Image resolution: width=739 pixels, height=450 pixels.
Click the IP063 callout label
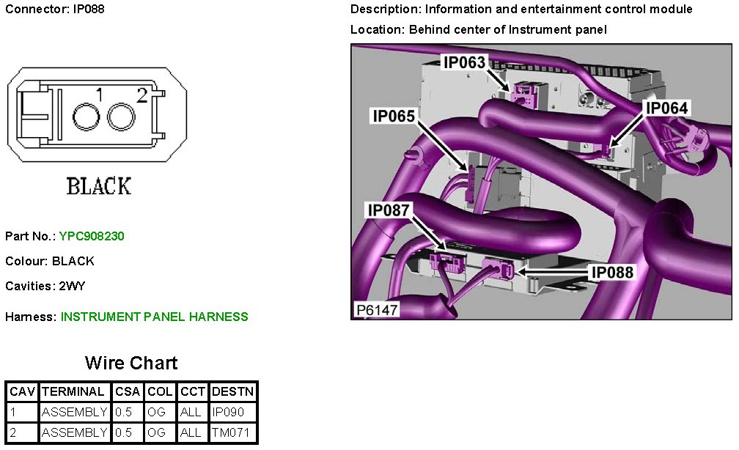tap(464, 62)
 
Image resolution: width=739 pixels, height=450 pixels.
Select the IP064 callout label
tap(666, 108)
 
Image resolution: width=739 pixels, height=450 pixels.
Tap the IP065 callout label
tap(393, 116)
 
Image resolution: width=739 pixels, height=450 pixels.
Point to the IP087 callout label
tap(389, 210)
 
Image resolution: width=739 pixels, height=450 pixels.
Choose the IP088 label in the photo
tap(612, 272)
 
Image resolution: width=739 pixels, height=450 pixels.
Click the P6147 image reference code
tap(377, 310)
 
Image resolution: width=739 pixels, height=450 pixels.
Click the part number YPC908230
tap(92, 236)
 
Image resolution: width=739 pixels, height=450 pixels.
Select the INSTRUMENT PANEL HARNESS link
tap(154, 317)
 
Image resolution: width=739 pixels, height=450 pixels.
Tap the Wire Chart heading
tap(131, 363)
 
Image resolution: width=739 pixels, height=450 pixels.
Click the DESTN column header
tap(233, 391)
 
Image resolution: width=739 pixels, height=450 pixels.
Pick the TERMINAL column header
tap(74, 391)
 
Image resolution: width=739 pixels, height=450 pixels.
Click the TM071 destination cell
tap(231, 432)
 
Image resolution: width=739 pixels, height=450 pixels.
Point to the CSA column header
tap(128, 391)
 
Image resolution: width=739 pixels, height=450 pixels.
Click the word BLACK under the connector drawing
tap(99, 186)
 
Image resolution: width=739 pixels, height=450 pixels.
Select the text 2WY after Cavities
tap(73, 286)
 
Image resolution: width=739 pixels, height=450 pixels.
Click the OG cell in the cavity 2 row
tap(157, 432)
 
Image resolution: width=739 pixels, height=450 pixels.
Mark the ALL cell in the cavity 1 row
tap(191, 412)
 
